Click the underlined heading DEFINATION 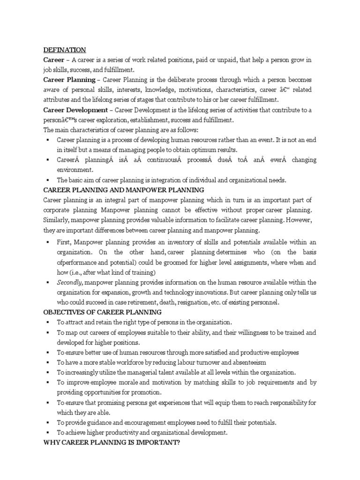[65, 50]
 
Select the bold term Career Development [75, 110]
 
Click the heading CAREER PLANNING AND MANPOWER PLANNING [124, 190]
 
